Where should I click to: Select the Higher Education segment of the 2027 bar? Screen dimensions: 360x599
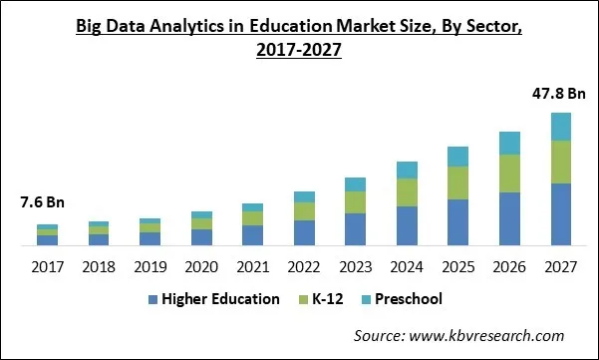(x=561, y=214)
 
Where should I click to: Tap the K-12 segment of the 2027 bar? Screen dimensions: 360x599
(x=561, y=162)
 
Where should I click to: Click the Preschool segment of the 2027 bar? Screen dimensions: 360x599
(x=561, y=127)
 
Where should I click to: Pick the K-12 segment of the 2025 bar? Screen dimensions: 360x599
(x=457, y=183)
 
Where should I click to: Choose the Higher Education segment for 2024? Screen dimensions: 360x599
(x=407, y=225)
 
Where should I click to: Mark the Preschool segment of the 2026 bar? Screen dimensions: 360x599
(x=509, y=143)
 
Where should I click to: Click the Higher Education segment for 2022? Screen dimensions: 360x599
(x=304, y=232)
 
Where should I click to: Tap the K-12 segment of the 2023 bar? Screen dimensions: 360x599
(x=355, y=202)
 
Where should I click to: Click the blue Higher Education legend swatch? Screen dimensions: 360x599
(x=151, y=299)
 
